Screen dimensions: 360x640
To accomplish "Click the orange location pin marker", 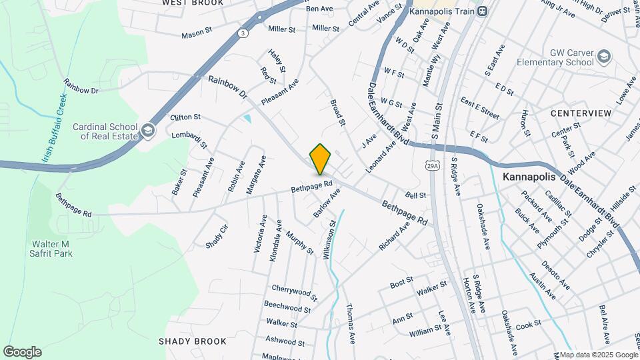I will pyautogui.click(x=321, y=159).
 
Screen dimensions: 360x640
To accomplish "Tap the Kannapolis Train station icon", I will pyautogui.click(x=483, y=11).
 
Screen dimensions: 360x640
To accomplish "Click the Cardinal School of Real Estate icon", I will pyautogui.click(x=148, y=131).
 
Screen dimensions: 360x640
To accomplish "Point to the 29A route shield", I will pyautogui.click(x=433, y=165).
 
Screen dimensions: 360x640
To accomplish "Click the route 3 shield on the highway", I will pyautogui.click(x=243, y=33).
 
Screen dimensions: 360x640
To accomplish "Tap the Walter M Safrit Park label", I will pyautogui.click(x=51, y=248).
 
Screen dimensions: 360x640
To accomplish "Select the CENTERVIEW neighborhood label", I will pyautogui.click(x=581, y=113).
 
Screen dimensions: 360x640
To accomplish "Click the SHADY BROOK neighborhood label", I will pyautogui.click(x=193, y=341).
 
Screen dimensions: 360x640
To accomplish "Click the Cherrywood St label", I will pyautogui.click(x=294, y=291).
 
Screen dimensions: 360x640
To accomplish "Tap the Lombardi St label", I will pyautogui.click(x=190, y=140).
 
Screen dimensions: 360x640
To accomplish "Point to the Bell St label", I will pyautogui.click(x=415, y=195).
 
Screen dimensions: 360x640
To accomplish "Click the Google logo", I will pyautogui.click(x=22, y=352).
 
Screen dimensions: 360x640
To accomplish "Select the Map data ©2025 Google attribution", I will pyautogui.click(x=599, y=355).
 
